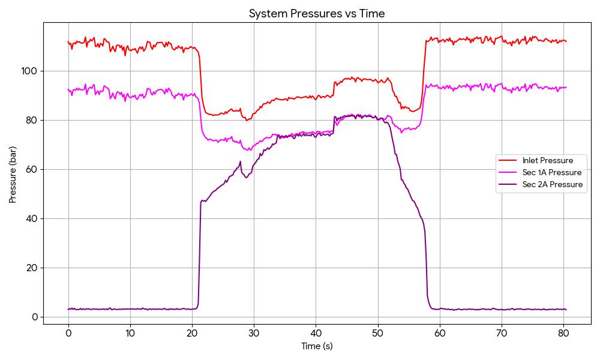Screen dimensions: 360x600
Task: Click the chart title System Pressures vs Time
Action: [x=317, y=13]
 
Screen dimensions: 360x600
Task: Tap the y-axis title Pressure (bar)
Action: [x=13, y=175]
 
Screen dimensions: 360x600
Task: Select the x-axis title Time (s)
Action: [x=317, y=346]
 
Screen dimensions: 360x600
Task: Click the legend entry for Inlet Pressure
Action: [x=547, y=160]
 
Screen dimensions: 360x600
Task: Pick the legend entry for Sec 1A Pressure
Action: [x=551, y=172]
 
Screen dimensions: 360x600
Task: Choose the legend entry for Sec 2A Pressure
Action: [x=552, y=184]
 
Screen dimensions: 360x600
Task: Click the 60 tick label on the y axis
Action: [x=32, y=169]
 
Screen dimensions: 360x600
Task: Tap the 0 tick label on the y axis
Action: [x=35, y=317]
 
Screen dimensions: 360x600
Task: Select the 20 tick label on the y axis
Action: [x=32, y=268]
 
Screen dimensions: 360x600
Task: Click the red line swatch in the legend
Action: [x=508, y=160]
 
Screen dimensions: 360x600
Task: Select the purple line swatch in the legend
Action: [x=508, y=184]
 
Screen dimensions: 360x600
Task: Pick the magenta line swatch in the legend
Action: [x=508, y=172]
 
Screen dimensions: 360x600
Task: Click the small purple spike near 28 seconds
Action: [x=240, y=161]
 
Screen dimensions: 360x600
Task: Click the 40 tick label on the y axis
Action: [x=32, y=218]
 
